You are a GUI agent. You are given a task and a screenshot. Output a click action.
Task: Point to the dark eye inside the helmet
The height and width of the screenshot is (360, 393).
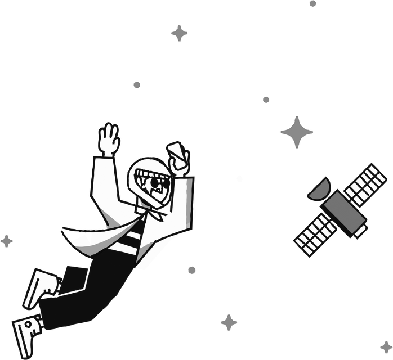pyautogui.click(x=154, y=184)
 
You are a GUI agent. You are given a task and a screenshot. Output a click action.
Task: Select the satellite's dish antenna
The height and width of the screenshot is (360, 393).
pyautogui.click(x=319, y=188)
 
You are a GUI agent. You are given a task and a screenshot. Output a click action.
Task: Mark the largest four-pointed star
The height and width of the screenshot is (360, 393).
pyautogui.click(x=297, y=133)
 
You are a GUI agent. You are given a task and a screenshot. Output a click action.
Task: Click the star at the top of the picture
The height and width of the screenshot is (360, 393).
pyautogui.click(x=180, y=33)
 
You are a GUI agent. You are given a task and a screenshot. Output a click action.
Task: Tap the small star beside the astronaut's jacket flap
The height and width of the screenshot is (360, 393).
pyautogui.click(x=6, y=241)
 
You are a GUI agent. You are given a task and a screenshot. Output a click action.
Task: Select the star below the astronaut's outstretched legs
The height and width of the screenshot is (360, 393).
pyautogui.click(x=229, y=322)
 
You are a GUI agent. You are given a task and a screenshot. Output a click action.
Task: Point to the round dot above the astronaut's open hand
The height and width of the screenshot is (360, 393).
pyautogui.click(x=136, y=85)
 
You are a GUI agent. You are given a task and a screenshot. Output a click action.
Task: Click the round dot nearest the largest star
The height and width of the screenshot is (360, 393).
pyautogui.click(x=266, y=100)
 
